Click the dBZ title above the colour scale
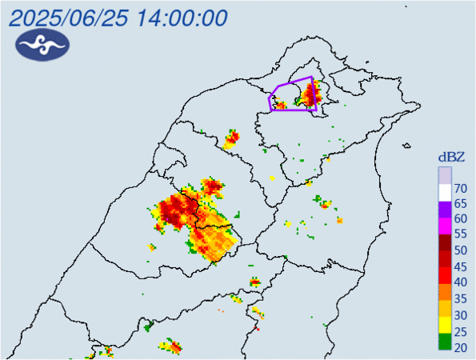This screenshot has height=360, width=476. [x=450, y=156]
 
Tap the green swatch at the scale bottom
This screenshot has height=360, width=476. [x=444, y=342]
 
